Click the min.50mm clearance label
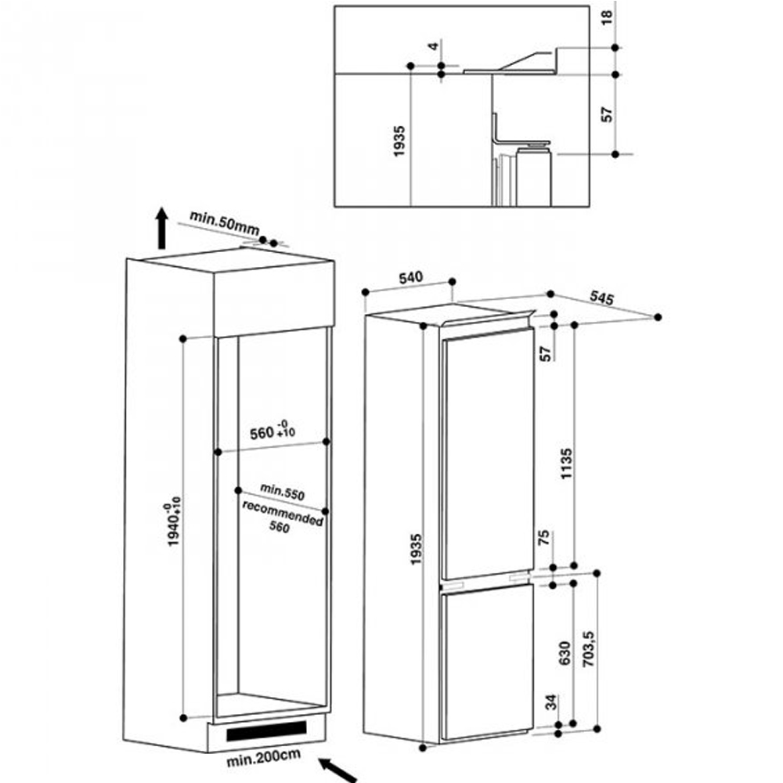click(224, 222)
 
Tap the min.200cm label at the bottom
click(263, 757)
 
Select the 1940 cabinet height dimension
click(173, 521)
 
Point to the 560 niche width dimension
click(272, 431)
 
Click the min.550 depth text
click(282, 492)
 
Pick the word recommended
click(283, 513)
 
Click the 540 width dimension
click(410, 277)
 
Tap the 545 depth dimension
click(601, 298)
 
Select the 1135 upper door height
click(566, 464)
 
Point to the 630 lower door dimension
click(565, 653)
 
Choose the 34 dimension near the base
click(550, 702)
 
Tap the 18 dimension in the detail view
click(606, 17)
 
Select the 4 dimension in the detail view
click(434, 46)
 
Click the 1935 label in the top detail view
click(399, 141)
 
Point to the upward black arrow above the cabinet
click(161, 228)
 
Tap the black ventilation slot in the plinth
click(266, 731)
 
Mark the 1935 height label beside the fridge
click(416, 550)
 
